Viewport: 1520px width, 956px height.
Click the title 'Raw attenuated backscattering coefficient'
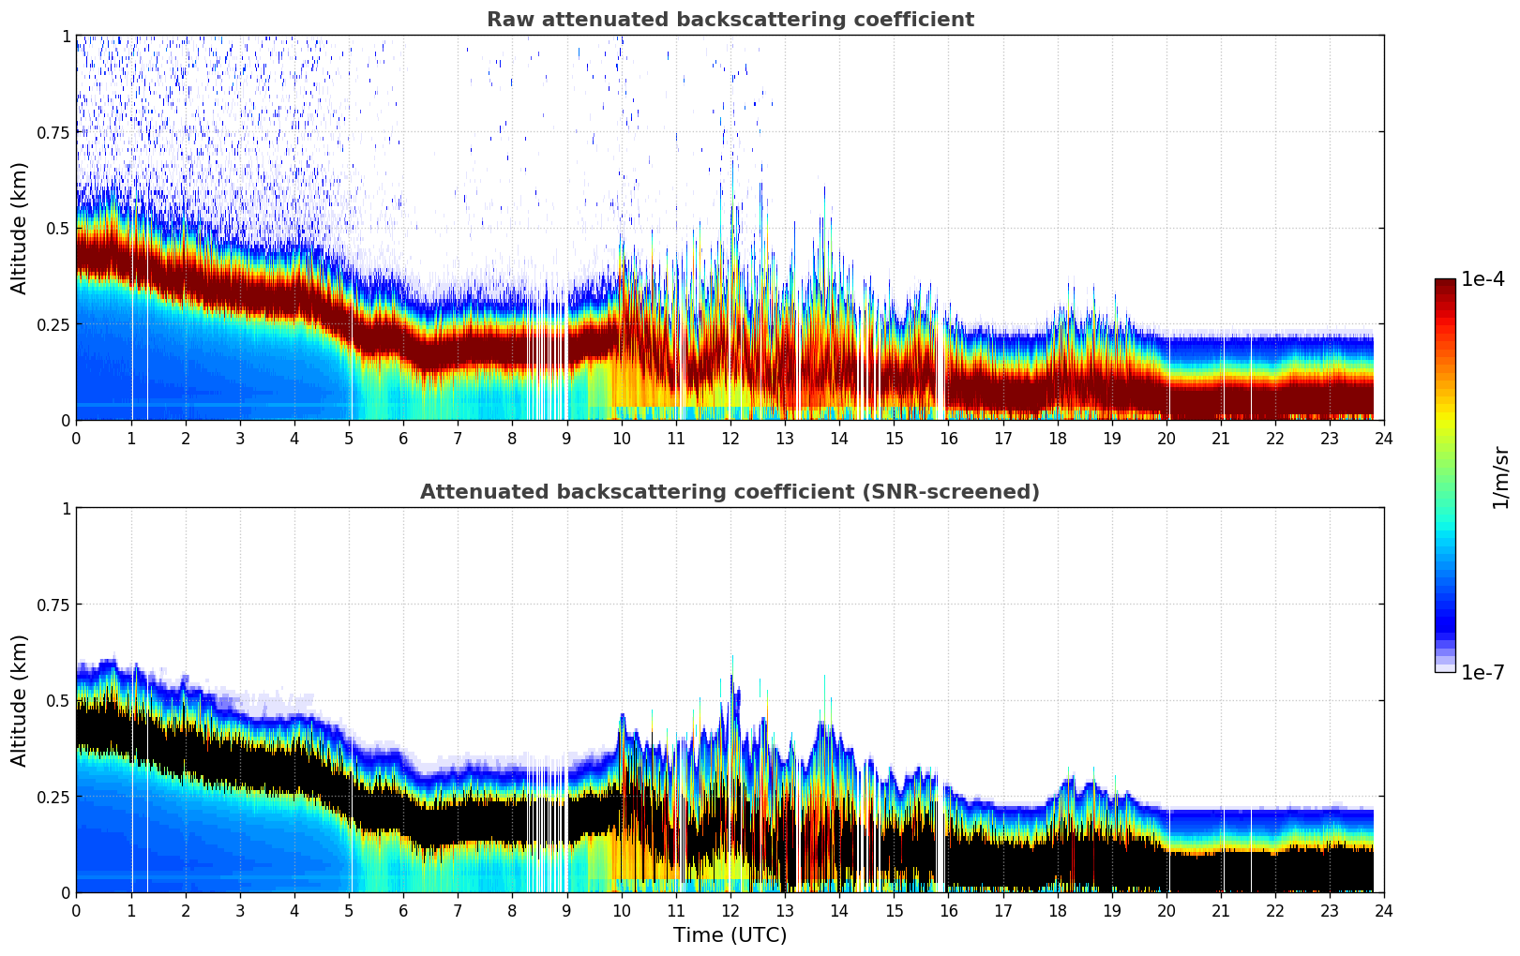(x=730, y=20)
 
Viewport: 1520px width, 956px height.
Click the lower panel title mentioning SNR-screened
(x=730, y=492)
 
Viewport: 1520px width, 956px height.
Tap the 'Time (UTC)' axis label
(x=730, y=935)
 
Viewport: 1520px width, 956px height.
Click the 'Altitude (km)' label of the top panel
(x=20, y=228)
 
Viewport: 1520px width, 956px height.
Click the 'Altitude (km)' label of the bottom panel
(x=20, y=700)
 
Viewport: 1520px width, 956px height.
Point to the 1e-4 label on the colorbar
(x=1482, y=279)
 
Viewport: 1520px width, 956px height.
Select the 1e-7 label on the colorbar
(x=1482, y=672)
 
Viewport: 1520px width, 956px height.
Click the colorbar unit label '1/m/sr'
(x=1500, y=476)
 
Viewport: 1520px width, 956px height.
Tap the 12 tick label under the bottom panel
(x=730, y=910)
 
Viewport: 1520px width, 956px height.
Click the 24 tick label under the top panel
(x=1384, y=438)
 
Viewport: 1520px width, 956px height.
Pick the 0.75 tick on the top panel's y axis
(x=52, y=132)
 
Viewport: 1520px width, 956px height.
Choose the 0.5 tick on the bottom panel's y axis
(x=58, y=700)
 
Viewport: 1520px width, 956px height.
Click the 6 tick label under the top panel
(x=403, y=438)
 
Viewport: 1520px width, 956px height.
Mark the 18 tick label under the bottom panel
(x=1057, y=910)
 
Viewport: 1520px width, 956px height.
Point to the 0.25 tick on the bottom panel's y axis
(x=52, y=797)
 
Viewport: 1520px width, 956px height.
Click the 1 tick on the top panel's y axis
(x=66, y=36)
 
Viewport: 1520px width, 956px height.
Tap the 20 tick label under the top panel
(x=1166, y=438)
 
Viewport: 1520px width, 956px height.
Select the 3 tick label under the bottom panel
(x=240, y=910)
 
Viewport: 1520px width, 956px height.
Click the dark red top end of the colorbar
(x=1444, y=283)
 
